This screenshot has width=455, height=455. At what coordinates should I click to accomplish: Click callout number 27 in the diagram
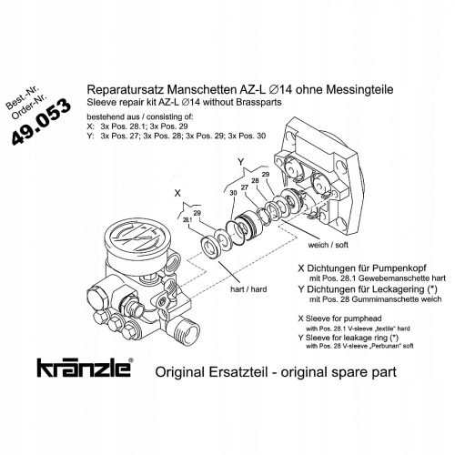245,187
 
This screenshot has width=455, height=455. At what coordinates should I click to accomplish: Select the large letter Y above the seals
240,162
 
